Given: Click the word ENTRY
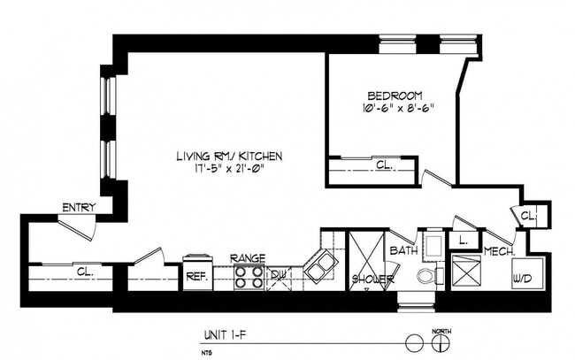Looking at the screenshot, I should [78, 208].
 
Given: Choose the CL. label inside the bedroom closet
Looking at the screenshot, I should [383, 165].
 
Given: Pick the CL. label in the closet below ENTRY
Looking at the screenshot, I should [85, 272].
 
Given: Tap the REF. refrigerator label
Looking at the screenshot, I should [196, 276].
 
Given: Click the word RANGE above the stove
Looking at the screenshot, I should [248, 257].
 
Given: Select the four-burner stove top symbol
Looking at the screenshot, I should [249, 278].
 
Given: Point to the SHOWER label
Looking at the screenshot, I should [372, 280].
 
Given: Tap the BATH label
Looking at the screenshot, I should [402, 250].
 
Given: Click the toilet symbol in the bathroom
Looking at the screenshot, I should [426, 276].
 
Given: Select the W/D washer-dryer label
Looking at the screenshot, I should [522, 279].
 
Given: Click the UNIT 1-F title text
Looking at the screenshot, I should [225, 335].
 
